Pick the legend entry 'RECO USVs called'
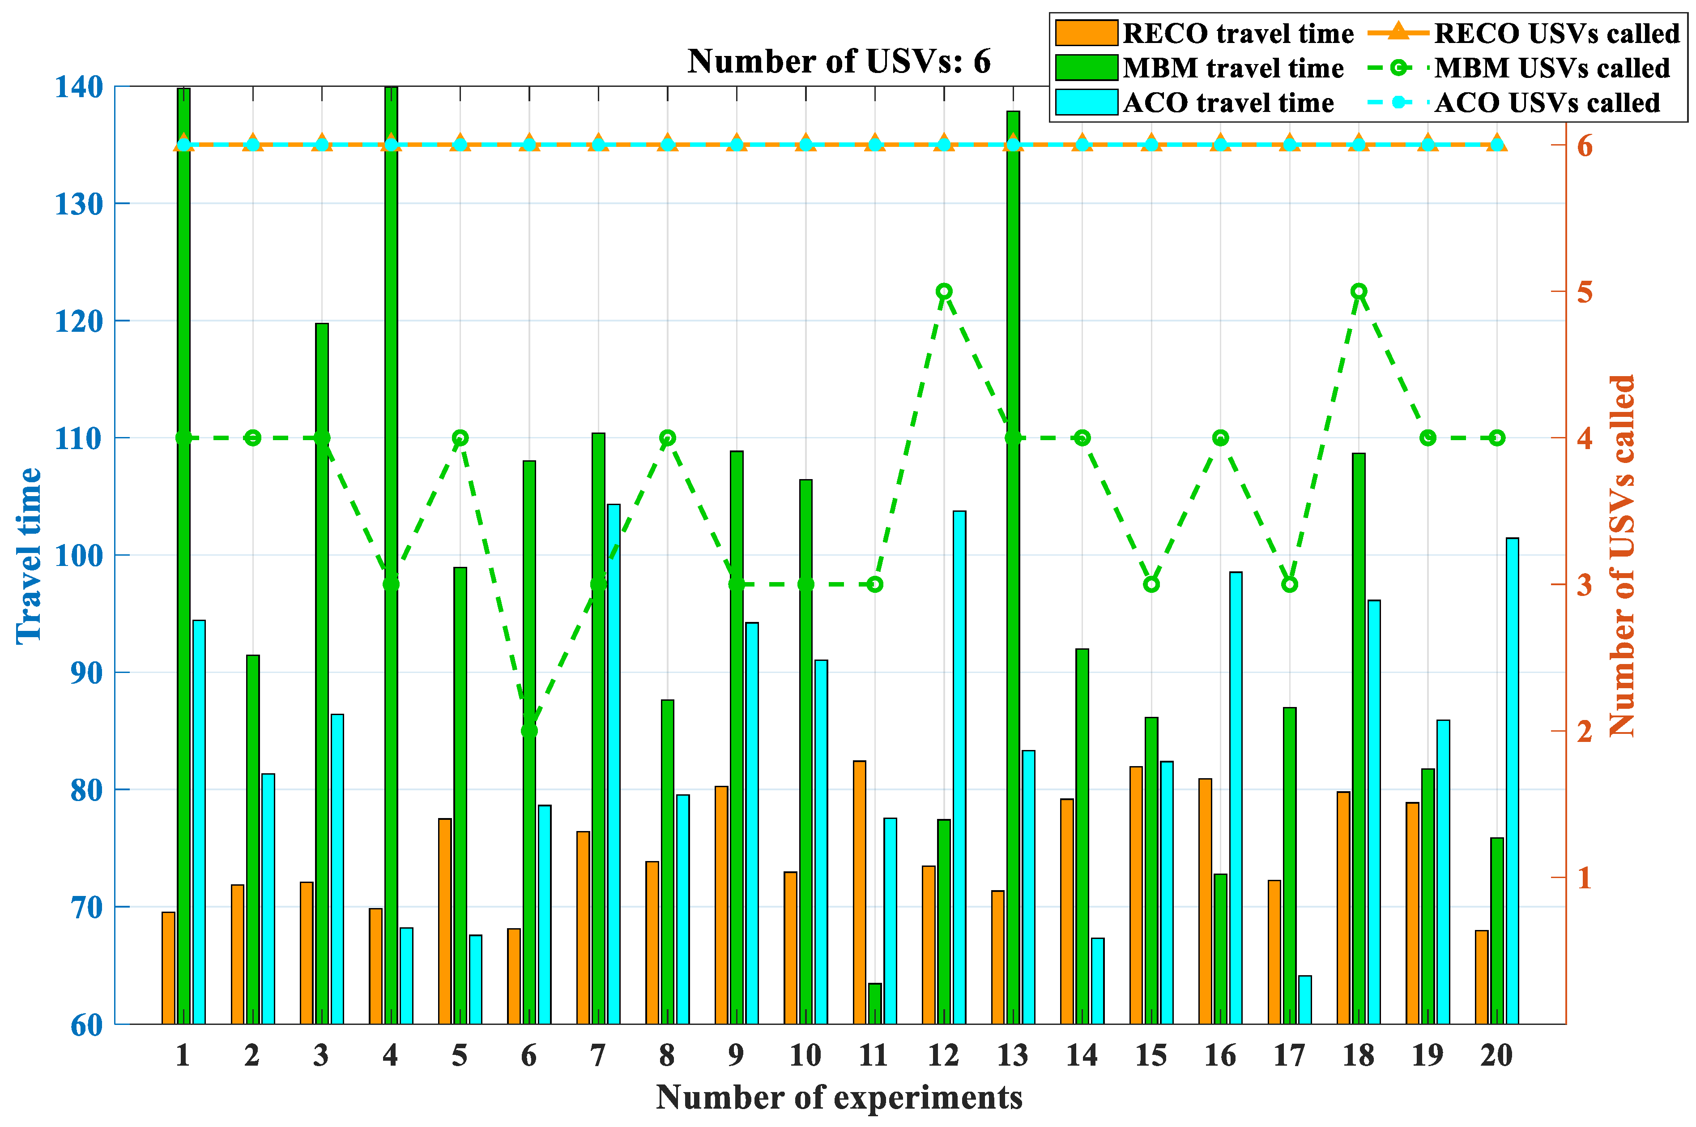click(x=1556, y=34)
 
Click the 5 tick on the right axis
click(x=1585, y=292)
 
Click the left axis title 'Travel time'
click(x=29, y=555)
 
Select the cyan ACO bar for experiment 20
click(x=1512, y=780)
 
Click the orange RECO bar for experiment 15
click(x=1136, y=895)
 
